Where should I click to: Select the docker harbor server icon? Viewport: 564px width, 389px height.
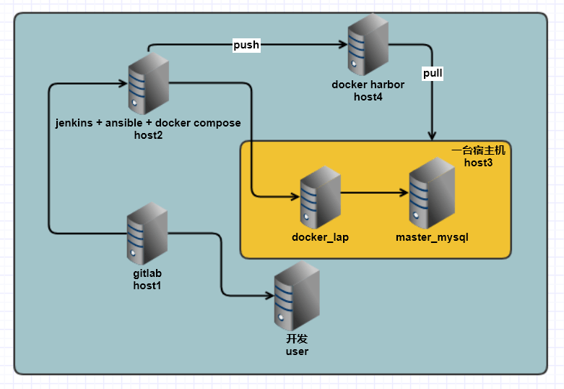368,45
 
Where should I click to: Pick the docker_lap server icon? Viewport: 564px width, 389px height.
320,196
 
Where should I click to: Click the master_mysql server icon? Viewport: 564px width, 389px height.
431,196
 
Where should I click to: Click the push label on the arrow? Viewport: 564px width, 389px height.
246,45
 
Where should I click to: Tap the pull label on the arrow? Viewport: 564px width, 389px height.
433,73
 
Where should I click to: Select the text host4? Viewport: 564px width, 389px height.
368,97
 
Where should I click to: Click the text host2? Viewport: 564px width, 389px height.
148,134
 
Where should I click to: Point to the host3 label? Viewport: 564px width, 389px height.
477,163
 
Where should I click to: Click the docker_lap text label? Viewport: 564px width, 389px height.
320,237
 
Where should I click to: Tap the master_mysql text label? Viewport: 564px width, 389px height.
432,237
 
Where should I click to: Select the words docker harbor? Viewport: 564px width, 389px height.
368,85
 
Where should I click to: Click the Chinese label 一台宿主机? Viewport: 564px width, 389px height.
479,150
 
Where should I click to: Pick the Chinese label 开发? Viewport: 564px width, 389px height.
297,338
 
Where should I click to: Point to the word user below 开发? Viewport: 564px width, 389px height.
297,351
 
